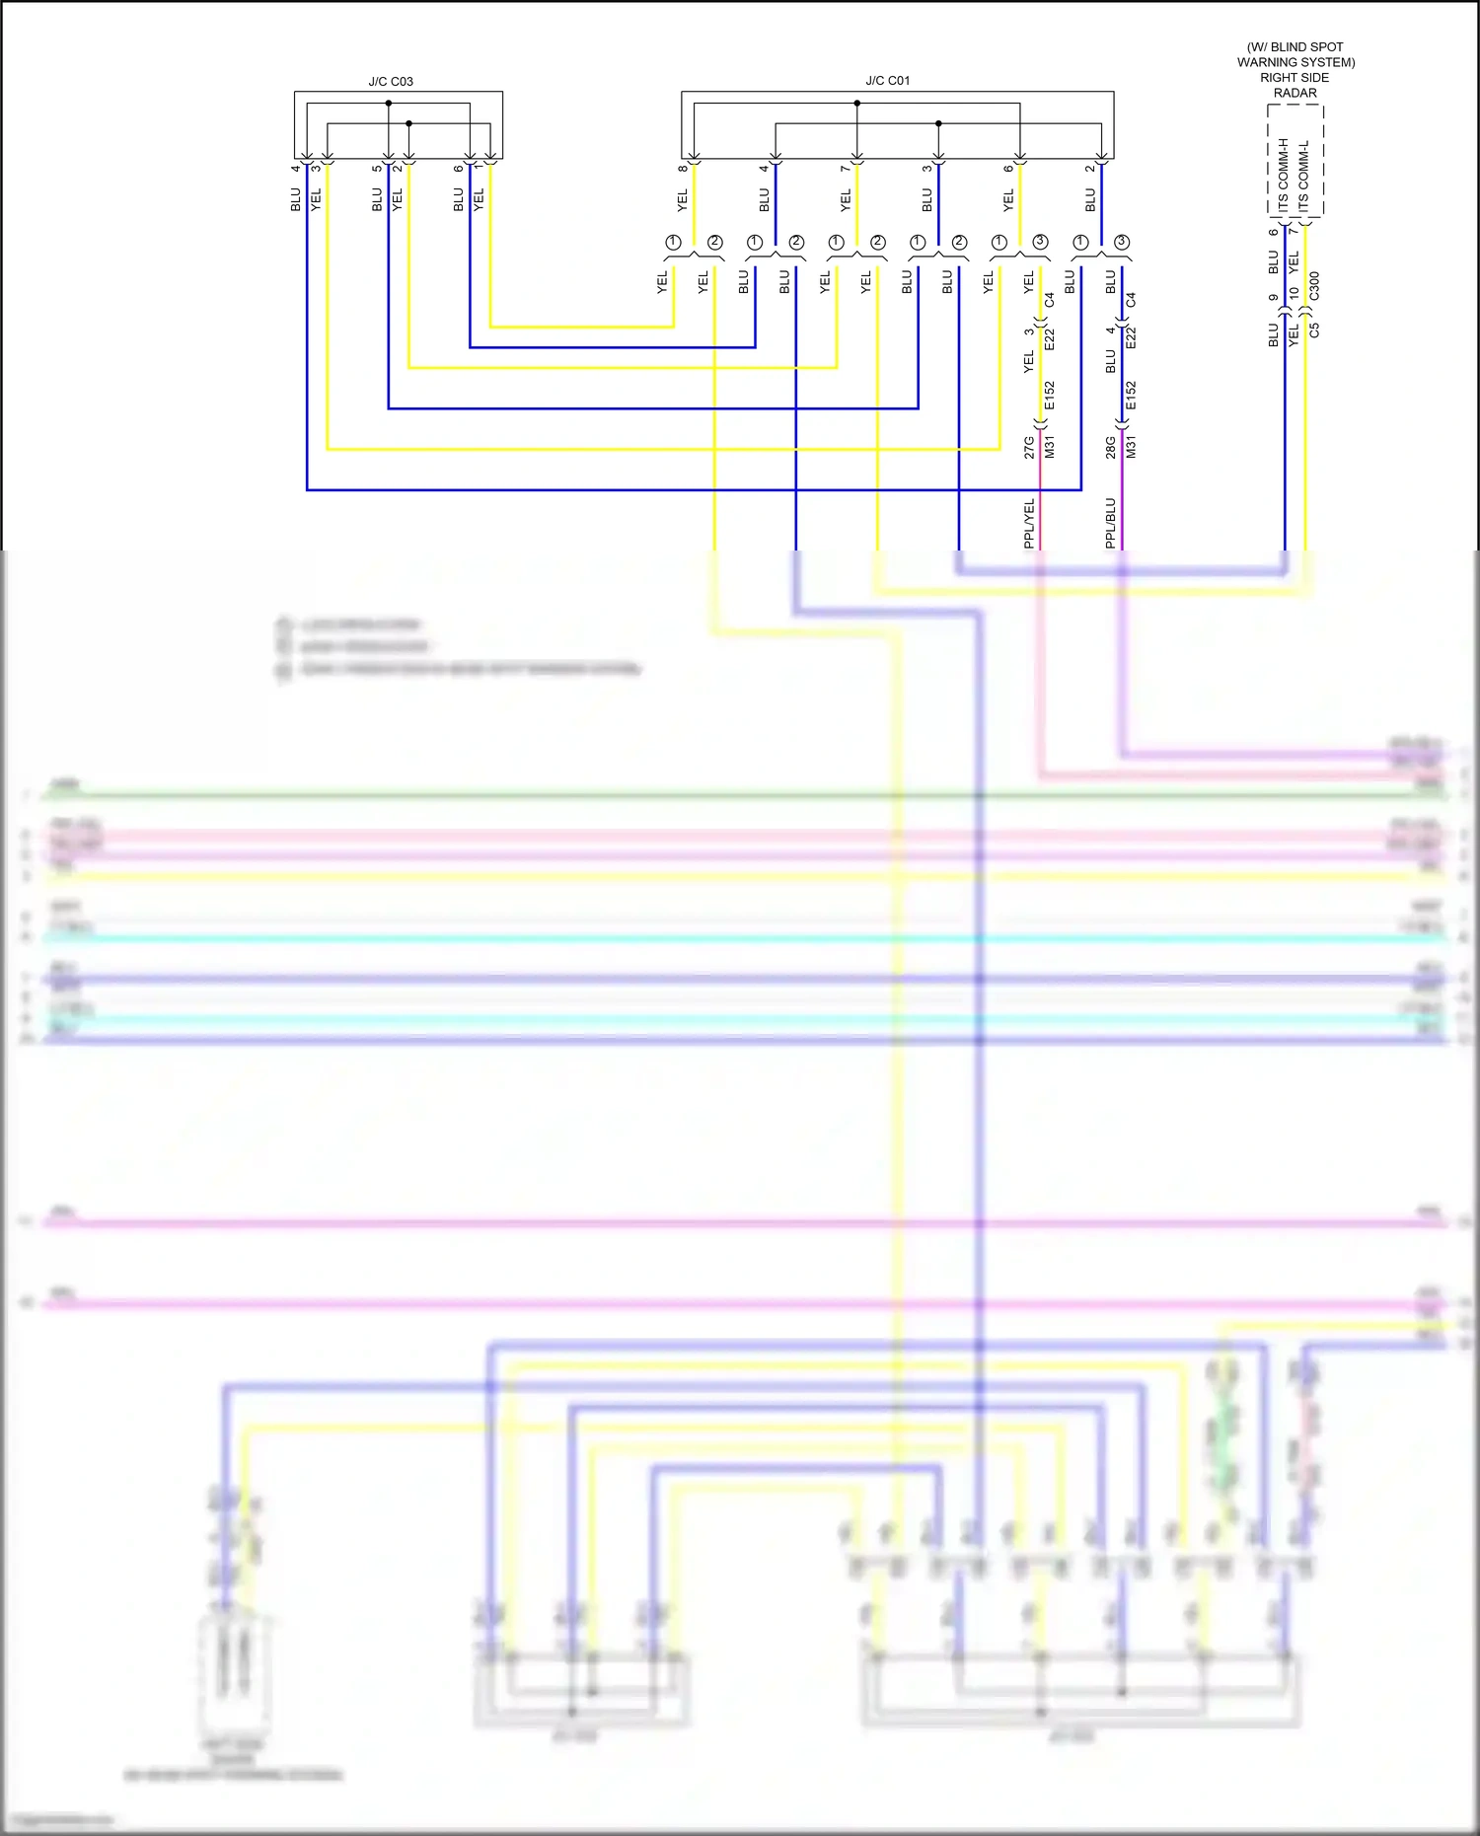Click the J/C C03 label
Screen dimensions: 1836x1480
coord(391,82)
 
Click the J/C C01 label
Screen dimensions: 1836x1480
coord(887,81)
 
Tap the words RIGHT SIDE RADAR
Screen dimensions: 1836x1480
coord(1295,85)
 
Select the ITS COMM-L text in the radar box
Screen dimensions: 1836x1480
coord(1304,175)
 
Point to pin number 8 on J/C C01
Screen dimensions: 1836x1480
coord(682,168)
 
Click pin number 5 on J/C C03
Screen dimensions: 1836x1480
coord(376,168)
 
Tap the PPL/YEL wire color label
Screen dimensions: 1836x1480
coord(1029,523)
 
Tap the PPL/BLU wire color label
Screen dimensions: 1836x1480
coord(1110,523)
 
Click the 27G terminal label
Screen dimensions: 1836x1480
coord(1029,447)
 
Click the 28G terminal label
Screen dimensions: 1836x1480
coord(1110,447)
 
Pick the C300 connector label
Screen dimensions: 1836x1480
coord(1314,286)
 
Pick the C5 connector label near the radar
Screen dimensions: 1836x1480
coord(1314,330)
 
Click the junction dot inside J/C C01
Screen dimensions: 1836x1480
coord(938,123)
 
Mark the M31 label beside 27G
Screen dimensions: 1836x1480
coord(1050,447)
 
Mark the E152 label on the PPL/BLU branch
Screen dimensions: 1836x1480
coord(1131,395)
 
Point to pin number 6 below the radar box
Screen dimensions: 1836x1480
coord(1273,232)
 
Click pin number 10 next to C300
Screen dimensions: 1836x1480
coord(1294,294)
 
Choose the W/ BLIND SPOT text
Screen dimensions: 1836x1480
coord(1295,47)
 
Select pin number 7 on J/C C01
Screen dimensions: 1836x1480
coord(845,168)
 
